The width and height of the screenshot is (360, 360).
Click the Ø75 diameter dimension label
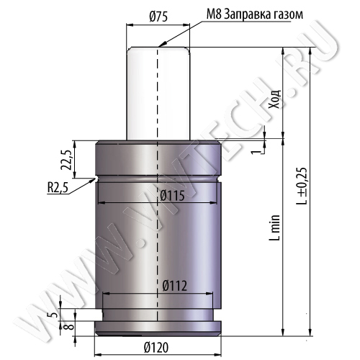pos(158,17)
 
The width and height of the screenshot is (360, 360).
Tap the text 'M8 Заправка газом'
pos(255,14)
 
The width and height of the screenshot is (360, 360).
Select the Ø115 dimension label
pos(172,196)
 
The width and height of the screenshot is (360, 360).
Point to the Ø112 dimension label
pos(174,286)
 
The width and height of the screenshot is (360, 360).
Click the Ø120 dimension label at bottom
pos(156,347)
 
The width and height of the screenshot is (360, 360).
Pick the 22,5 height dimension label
pos(66,160)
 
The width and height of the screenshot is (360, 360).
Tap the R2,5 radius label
pos(57,188)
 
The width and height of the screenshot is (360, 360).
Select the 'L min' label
pos(276,228)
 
